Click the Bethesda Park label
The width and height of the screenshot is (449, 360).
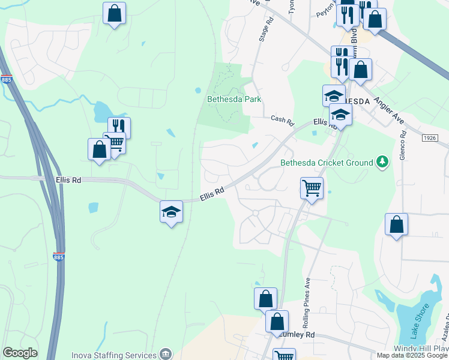pyautogui.click(x=234, y=99)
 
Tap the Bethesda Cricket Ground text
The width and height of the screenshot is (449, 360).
pyautogui.click(x=327, y=162)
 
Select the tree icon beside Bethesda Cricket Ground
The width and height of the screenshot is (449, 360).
pyautogui.click(x=381, y=161)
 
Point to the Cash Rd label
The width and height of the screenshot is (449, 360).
pyautogui.click(x=282, y=121)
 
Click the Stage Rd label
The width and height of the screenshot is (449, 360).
pyautogui.click(x=266, y=29)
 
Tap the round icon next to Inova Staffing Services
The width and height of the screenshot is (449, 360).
pyautogui.click(x=165, y=354)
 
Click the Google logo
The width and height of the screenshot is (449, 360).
pyautogui.click(x=19, y=353)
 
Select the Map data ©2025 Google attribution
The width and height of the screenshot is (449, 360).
pyautogui.click(x=412, y=355)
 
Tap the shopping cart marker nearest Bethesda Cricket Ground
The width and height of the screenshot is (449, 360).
pyautogui.click(x=312, y=188)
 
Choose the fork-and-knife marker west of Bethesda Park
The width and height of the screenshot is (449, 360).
pyautogui.click(x=119, y=127)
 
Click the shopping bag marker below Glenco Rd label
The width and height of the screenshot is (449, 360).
pyautogui.click(x=396, y=224)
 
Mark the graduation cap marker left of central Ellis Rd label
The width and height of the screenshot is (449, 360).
pyautogui.click(x=171, y=211)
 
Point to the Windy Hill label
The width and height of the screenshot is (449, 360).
pyautogui.click(x=420, y=349)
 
